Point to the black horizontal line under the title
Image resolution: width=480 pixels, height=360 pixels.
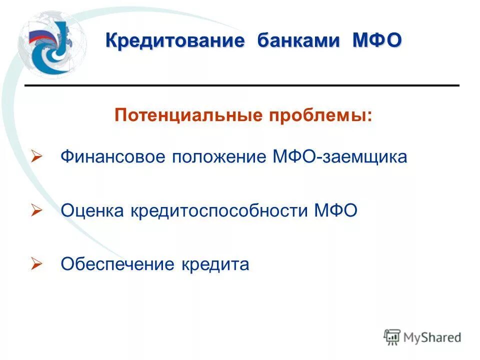click(242, 86)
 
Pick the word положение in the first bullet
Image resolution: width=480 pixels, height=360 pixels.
click(219, 157)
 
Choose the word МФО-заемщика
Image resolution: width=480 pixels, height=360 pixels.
click(340, 157)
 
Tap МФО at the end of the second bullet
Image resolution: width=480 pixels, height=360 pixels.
click(336, 211)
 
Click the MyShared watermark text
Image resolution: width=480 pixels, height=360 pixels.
click(432, 337)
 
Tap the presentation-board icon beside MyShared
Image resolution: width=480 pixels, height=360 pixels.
click(392, 337)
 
